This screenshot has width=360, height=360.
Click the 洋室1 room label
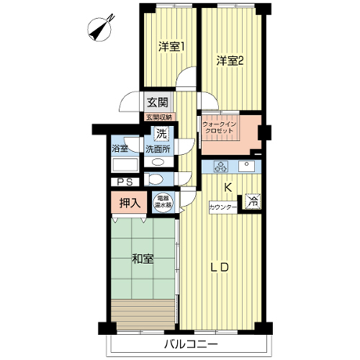[171, 47]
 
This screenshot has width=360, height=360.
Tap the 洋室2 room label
[230, 61]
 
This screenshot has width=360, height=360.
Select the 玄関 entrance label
[158, 103]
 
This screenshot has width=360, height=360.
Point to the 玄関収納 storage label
[159, 117]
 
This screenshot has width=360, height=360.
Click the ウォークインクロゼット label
[219, 127]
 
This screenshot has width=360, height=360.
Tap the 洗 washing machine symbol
[161, 134]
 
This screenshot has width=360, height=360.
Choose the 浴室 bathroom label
[120, 149]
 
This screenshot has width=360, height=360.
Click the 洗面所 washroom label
[158, 149]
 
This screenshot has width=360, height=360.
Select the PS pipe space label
[125, 182]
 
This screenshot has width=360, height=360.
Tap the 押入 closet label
[130, 203]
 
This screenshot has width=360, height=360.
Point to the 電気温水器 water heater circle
[163, 202]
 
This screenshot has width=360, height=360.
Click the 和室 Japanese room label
[143, 259]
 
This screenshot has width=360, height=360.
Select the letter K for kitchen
[228, 187]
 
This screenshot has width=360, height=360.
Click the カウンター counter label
[223, 207]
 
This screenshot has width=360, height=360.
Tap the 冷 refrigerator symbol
[253, 201]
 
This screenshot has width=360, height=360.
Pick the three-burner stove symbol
[221, 166]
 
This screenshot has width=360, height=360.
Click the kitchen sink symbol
[246, 166]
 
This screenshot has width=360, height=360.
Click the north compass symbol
[100, 29]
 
